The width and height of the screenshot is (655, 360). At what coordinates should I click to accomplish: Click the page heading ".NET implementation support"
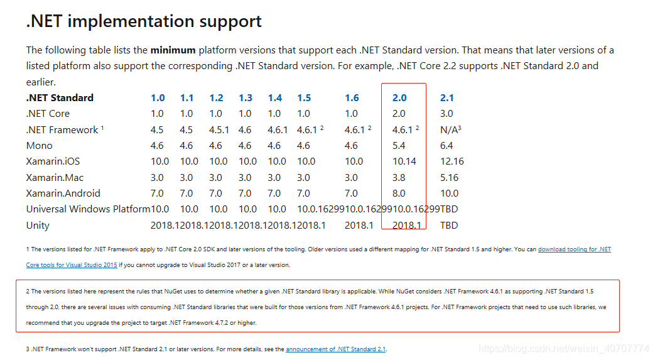144,21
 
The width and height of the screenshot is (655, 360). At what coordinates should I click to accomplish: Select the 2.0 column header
399,97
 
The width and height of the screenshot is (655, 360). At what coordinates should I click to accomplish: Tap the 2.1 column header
447,97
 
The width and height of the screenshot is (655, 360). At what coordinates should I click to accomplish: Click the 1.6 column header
352,97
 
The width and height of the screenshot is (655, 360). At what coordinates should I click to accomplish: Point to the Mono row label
39,145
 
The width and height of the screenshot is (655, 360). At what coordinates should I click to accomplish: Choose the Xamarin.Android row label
63,193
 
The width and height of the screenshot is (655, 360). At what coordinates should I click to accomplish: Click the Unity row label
38,225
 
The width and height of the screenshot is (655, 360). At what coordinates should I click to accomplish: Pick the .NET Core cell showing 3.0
447,114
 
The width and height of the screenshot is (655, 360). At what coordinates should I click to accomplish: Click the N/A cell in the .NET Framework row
450,129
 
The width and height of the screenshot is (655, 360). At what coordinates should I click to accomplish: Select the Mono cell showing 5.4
398,145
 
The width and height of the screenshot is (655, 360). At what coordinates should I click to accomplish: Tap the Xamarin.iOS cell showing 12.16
452,161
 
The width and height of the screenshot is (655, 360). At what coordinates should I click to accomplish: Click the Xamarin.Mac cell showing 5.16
450,177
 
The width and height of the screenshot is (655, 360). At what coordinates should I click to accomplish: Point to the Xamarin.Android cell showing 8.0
399,193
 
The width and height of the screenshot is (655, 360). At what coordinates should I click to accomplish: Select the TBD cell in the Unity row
449,225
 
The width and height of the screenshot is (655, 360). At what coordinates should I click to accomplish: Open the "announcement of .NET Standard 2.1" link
335,349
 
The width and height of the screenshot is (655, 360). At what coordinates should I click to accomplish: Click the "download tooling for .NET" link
574,249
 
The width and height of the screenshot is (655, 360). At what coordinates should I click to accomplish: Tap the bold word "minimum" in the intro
173,50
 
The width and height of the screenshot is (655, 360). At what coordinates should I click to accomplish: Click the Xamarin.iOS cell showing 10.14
404,161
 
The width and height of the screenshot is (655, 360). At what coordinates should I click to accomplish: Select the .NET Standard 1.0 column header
158,97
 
